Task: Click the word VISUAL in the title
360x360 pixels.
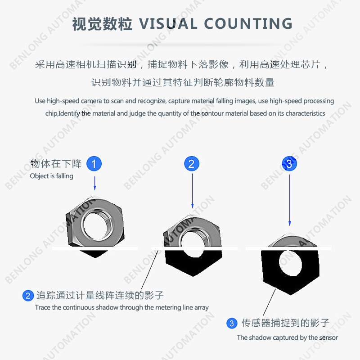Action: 168,24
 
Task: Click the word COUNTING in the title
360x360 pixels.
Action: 248,24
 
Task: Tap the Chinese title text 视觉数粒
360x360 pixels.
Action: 102,24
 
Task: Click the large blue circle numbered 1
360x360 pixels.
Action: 94,164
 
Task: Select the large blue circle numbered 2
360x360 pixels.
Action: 192,164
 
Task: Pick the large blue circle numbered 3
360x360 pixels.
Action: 289,164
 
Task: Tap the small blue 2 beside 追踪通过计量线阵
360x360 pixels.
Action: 28,296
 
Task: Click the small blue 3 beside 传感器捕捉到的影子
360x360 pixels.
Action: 232,323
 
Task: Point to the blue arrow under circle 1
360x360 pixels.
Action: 94,183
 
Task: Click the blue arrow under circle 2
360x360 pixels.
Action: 193,191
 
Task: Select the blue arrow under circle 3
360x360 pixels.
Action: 290,200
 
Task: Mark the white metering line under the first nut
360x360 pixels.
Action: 95,248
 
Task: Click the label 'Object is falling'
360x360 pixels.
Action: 52,176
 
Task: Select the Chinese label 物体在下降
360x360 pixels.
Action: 56,164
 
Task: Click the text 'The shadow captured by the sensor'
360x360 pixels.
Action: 288,337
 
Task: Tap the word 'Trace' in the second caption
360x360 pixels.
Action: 43,307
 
